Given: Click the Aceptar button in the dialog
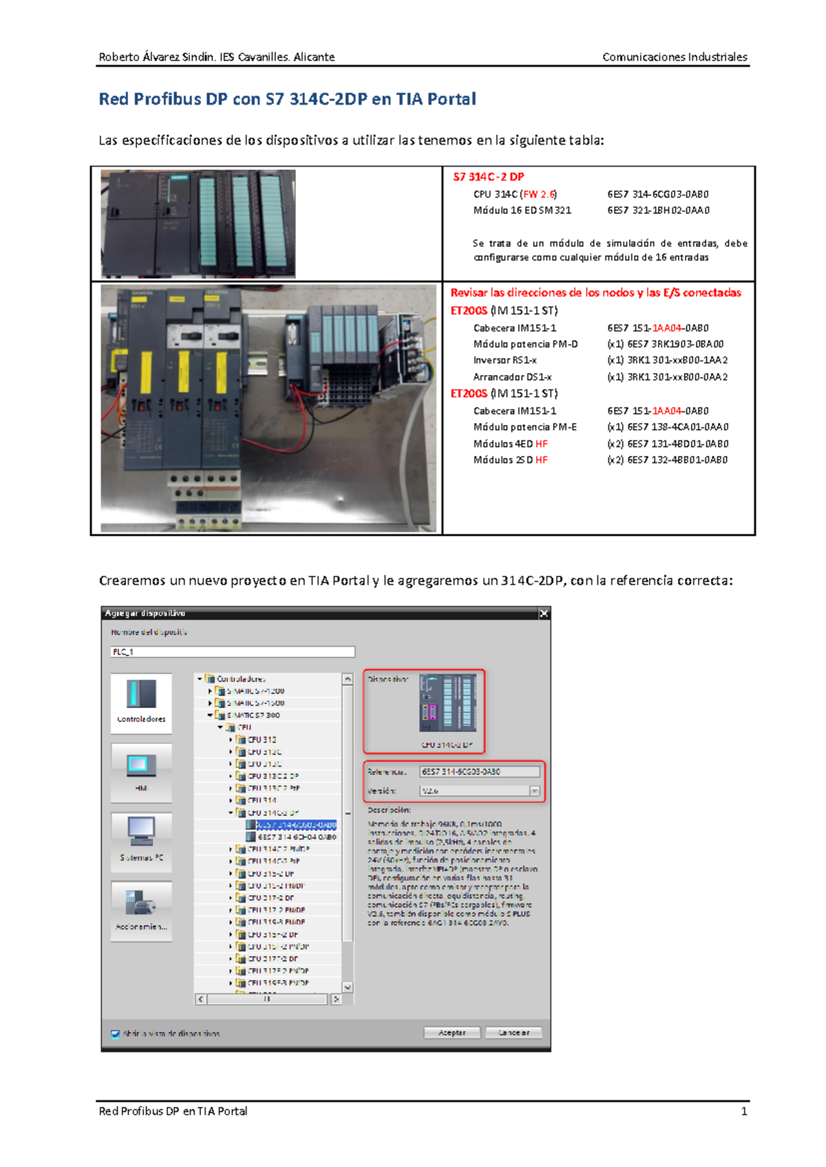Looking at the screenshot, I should [x=452, y=1032].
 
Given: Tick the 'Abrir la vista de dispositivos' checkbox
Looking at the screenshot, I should [x=116, y=1034].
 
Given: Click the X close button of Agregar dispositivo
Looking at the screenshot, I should [x=543, y=613].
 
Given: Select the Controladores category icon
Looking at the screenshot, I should [x=141, y=695].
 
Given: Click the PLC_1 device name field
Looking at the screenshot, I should [x=233, y=652].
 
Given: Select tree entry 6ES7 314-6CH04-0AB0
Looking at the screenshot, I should [x=297, y=837].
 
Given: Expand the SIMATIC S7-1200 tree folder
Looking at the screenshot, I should [x=211, y=691].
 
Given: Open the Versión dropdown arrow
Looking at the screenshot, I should [x=534, y=791].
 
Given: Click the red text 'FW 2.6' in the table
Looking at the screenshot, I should [x=539, y=194].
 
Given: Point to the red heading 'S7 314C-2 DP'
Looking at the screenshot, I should [x=488, y=177].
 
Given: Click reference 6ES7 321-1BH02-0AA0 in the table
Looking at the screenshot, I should [x=658, y=211].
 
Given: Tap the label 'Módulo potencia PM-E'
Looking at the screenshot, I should [x=525, y=427].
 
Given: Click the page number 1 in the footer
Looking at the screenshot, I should [x=743, y=1111].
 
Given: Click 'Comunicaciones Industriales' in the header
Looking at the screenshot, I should [x=674, y=57].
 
